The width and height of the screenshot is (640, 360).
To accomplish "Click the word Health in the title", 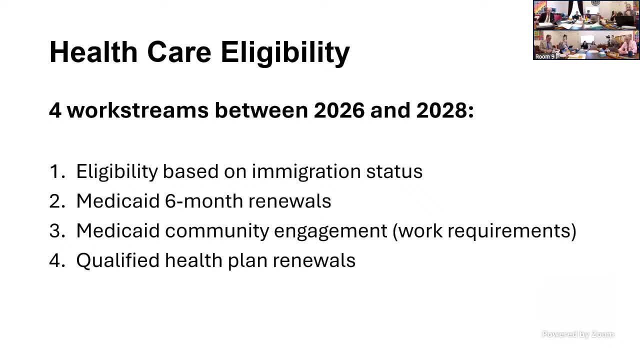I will (x=93, y=51).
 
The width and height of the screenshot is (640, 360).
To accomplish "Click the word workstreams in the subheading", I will (x=137, y=110).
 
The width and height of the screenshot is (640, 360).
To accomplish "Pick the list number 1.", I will (x=55, y=171).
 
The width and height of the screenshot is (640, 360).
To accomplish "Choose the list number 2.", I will (x=55, y=201).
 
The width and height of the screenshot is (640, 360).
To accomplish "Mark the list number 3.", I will (x=55, y=230).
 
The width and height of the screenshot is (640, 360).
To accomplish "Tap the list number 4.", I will (x=55, y=260).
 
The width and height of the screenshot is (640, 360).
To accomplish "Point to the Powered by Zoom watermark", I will (x=578, y=334).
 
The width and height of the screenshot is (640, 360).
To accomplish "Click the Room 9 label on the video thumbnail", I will (x=545, y=56).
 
